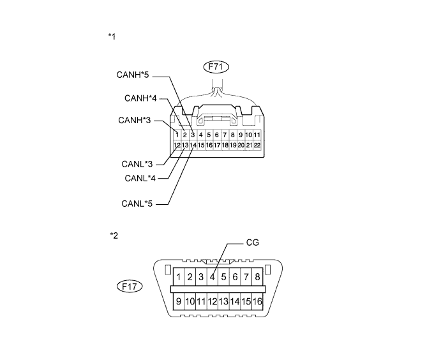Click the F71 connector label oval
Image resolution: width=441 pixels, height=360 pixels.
[216, 65]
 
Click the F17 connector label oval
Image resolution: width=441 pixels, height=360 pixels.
[131, 287]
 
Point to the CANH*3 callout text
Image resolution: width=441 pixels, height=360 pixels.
[135, 120]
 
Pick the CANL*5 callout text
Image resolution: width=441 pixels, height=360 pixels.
[136, 204]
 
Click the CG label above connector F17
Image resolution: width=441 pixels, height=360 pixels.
[252, 243]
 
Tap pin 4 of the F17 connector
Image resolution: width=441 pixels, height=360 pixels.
[212, 277]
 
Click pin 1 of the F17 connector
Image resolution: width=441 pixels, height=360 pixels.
[179, 277]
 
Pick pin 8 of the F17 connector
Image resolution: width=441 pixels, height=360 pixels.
[257, 277]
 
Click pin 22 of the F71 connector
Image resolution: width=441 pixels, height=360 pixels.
[257, 146]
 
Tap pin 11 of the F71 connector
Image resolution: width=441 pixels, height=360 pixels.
[257, 135]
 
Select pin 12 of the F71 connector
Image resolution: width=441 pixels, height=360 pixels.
[177, 146]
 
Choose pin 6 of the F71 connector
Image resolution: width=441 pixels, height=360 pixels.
[217, 135]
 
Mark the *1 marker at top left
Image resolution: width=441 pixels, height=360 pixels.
[112, 36]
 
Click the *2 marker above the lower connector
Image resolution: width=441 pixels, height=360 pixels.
[114, 236]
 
